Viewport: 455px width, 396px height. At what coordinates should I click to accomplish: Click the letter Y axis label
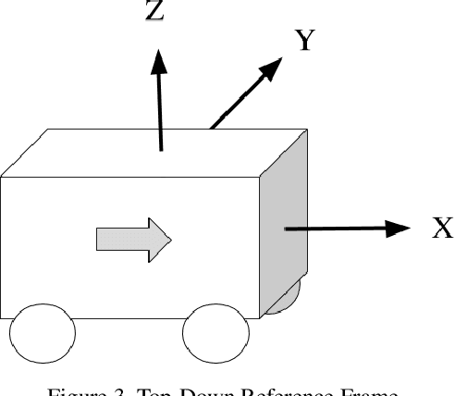pyautogui.click(x=307, y=40)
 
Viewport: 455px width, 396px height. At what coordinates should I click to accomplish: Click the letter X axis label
pyautogui.click(x=442, y=228)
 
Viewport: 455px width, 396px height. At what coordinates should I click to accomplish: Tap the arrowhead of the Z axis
pyautogui.click(x=159, y=61)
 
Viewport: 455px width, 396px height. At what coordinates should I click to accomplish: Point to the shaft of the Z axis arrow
pyautogui.click(x=160, y=111)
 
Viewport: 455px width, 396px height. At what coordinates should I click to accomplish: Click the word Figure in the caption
pyautogui.click(x=80, y=390)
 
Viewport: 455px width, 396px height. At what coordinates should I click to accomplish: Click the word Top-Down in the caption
pyautogui.click(x=180, y=390)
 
